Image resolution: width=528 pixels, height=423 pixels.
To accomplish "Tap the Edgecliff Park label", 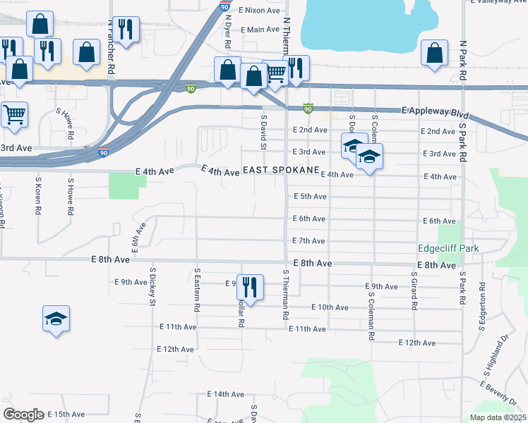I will pos(448,248).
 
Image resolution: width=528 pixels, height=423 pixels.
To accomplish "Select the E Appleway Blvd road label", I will pos(435,111).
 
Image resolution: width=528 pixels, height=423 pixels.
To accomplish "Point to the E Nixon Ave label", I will pos(259,11).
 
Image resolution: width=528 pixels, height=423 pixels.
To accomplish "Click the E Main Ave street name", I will pos(260,30).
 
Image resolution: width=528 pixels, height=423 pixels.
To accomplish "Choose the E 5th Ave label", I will pos(309,196).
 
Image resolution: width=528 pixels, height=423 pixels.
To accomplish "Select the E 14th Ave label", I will pos(225,394).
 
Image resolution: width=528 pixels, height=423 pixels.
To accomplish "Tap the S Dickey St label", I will pos(152,286).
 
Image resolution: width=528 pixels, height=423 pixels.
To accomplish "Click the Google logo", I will pos(24,415).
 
